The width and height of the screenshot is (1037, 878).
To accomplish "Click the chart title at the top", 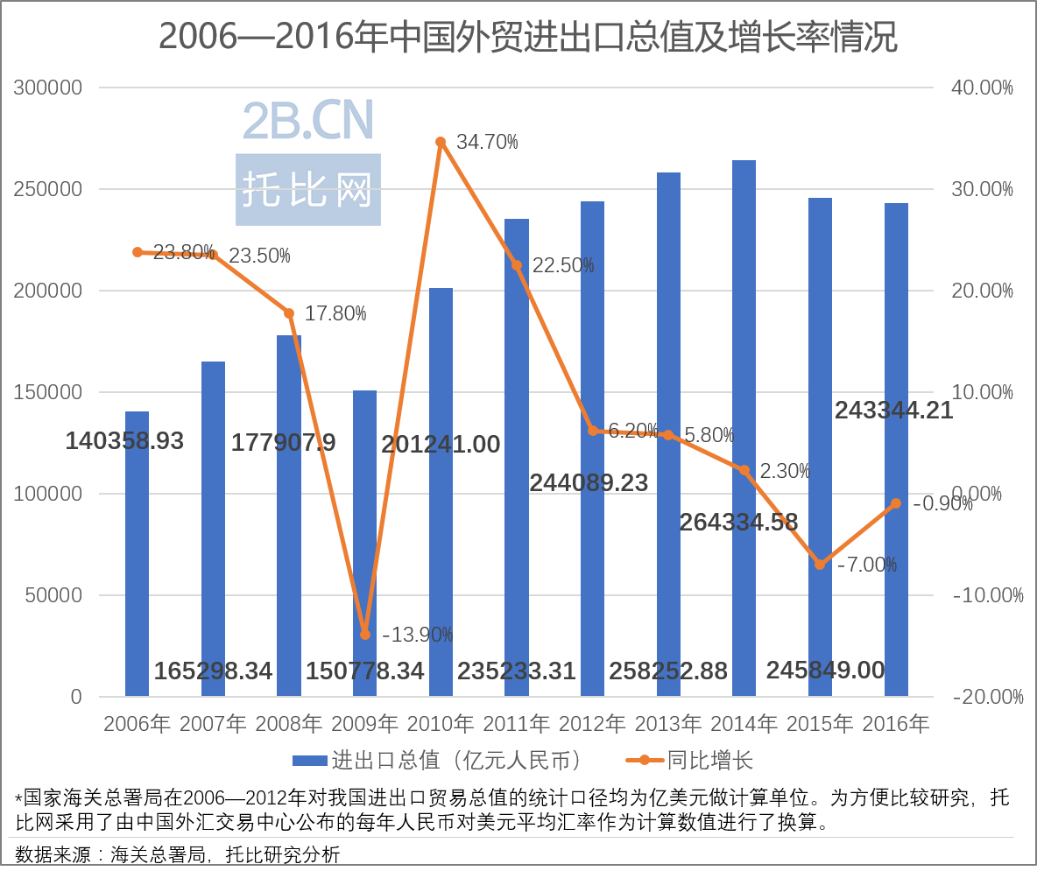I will click(x=528, y=38).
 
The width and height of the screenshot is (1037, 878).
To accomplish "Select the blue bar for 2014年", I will click(x=744, y=428).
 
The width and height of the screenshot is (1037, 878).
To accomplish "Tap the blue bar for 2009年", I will click(x=364, y=543).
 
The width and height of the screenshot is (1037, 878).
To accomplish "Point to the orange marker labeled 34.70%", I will click(x=441, y=142).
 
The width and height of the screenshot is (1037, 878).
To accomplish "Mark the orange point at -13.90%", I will click(x=365, y=635).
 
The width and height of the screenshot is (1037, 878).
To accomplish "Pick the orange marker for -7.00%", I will click(x=820, y=565).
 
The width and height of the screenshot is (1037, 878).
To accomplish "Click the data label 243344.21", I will click(x=893, y=410).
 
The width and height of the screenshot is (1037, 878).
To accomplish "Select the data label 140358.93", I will click(x=124, y=441).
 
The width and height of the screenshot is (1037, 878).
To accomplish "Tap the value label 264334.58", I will click(x=739, y=523).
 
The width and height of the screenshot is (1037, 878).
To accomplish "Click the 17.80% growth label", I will click(x=335, y=313).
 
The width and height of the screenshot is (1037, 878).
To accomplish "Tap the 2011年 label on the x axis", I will click(x=517, y=724).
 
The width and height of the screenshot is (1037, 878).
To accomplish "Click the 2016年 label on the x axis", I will click(x=895, y=724).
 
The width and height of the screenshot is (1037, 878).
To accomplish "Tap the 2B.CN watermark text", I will click(x=308, y=120).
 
